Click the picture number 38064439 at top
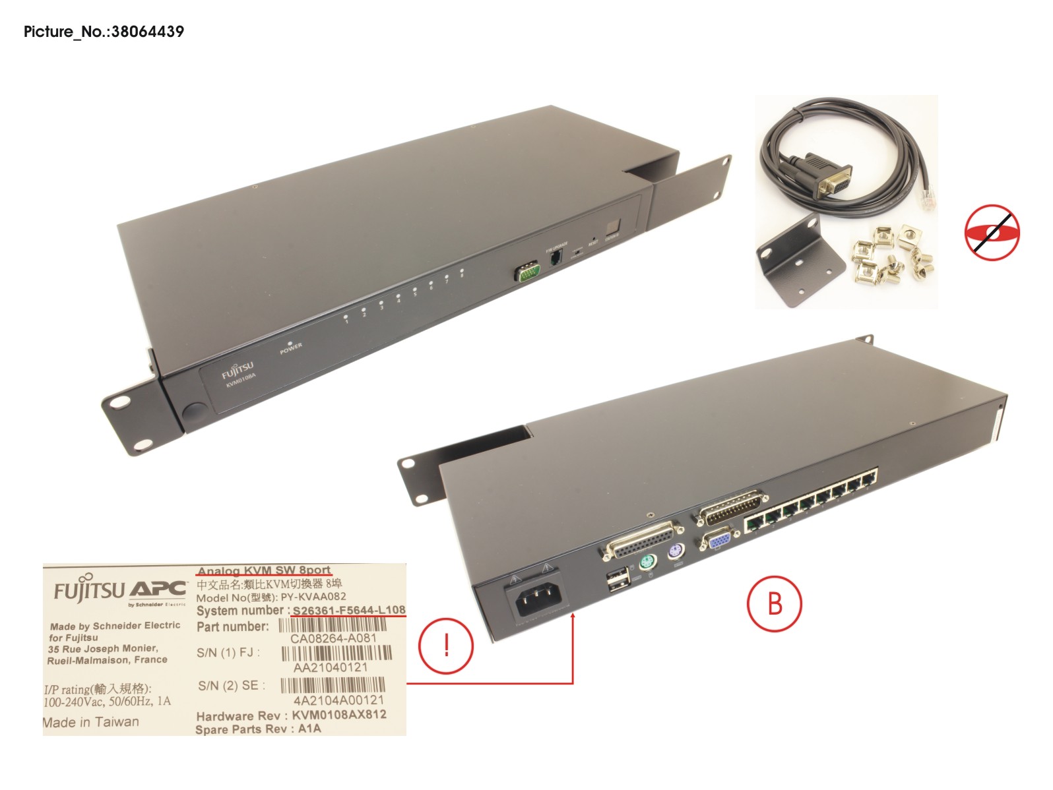[x=104, y=32]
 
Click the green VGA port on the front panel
[x=526, y=271]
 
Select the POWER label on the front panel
[x=290, y=348]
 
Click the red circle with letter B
[x=774, y=604]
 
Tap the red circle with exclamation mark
[x=446, y=645]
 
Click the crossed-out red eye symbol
[x=991, y=233]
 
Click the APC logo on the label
[x=157, y=589]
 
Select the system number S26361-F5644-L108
[x=349, y=610]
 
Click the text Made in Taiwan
[x=91, y=722]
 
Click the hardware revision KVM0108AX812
[x=339, y=715]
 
